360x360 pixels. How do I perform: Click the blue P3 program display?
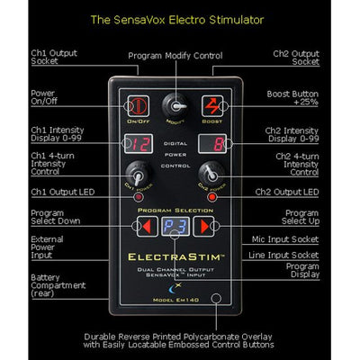point(179,225)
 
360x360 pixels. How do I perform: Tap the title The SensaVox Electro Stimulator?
point(179,16)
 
